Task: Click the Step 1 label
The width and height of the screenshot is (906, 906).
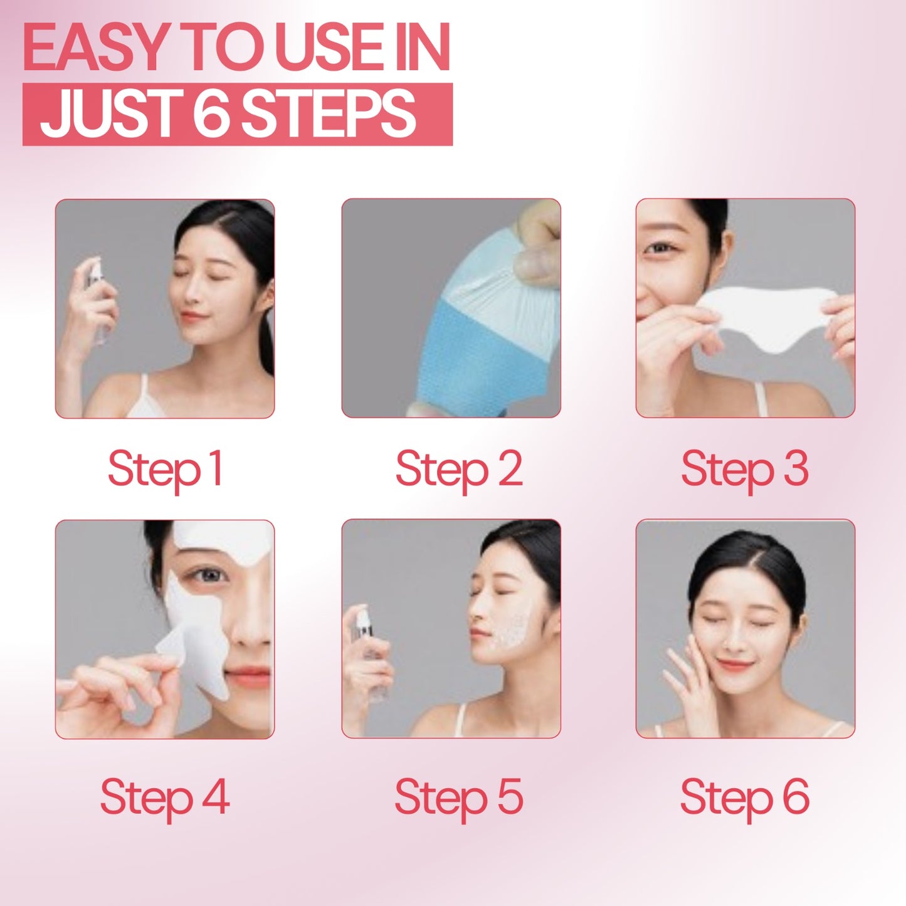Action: point(165,469)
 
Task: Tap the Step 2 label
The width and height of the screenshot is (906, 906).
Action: point(459,469)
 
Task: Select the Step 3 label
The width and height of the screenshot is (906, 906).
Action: point(744,469)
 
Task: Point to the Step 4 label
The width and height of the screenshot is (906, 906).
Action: point(165,798)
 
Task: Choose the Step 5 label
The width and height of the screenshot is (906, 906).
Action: point(459,798)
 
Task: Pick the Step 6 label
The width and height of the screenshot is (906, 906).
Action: point(744,798)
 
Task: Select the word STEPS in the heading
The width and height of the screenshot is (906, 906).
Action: point(328,114)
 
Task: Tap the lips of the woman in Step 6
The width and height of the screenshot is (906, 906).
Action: point(735,664)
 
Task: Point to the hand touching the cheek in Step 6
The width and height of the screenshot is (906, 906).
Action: point(687,677)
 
